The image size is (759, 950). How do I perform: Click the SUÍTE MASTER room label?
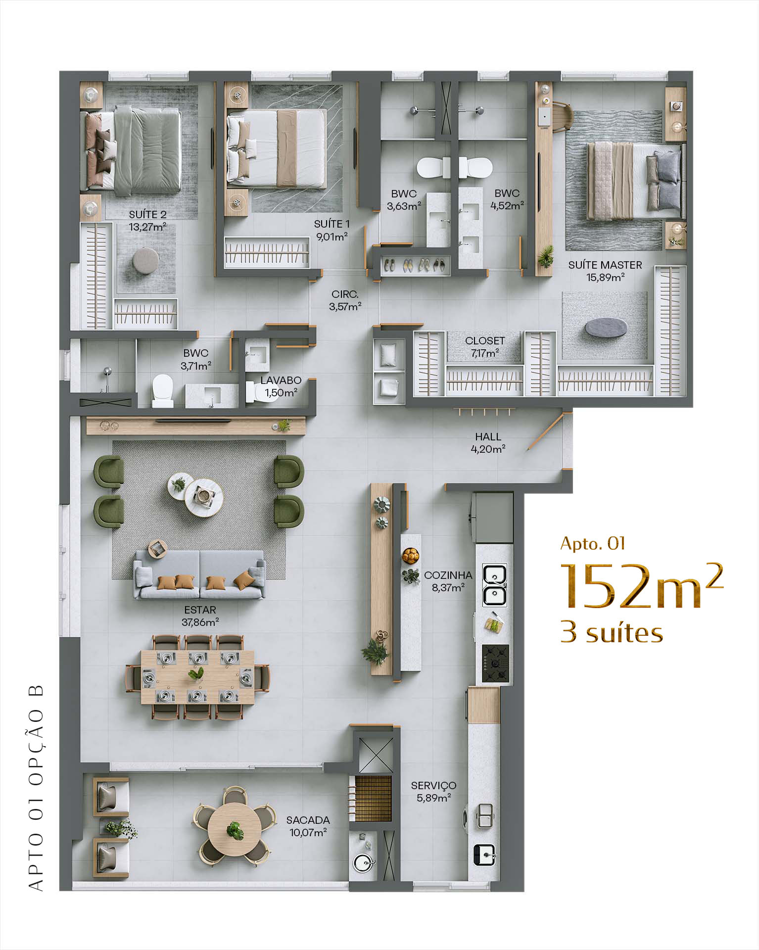point(605,265)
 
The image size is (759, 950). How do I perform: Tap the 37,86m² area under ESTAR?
point(200,622)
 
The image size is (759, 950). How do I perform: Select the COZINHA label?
point(448,575)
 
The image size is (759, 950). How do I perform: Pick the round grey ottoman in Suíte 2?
point(146,259)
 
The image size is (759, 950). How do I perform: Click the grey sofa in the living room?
point(199,574)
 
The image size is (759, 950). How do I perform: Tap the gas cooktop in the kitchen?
point(495,663)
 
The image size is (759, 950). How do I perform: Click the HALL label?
point(488,437)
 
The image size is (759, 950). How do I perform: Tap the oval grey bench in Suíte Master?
point(606,328)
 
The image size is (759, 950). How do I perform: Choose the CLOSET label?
point(485,341)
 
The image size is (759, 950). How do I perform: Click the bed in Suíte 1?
point(276,148)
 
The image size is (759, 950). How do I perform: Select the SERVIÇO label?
point(433,786)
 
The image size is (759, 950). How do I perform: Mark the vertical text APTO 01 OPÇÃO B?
point(36,788)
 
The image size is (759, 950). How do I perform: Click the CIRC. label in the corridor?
point(345,294)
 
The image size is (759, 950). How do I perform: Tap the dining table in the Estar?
point(197,677)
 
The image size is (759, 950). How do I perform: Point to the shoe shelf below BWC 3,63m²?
point(415,266)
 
